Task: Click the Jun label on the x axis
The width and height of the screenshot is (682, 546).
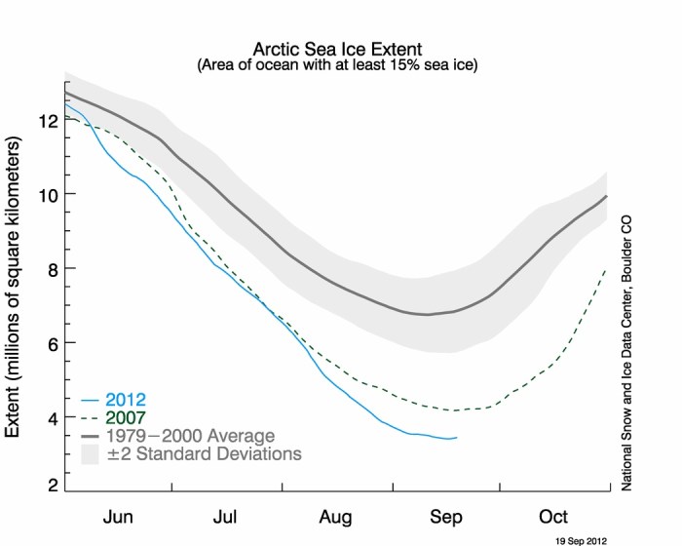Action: (119, 516)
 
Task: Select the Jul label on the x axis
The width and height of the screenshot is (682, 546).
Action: (227, 516)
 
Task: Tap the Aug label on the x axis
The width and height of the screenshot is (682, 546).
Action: (337, 516)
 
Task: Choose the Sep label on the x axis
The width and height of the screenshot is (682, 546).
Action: (446, 516)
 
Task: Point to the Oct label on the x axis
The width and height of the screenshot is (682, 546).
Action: (553, 516)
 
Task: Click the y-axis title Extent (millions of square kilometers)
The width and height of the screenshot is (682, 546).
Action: (17, 288)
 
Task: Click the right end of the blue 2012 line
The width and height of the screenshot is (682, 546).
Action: (456, 438)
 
